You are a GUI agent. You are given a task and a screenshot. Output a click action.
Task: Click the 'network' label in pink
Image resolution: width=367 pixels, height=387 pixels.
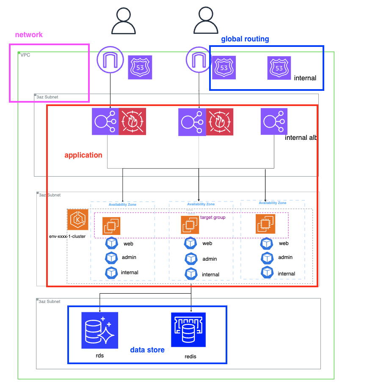(x=29, y=35)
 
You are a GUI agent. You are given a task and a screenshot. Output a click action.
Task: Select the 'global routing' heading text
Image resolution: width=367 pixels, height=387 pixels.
(x=245, y=39)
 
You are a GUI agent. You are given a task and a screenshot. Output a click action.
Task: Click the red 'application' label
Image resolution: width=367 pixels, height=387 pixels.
(x=83, y=155)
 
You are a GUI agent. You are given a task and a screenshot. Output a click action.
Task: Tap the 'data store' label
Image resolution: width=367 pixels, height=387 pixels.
(x=147, y=350)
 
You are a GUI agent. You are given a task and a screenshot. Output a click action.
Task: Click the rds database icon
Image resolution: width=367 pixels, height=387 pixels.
(x=99, y=330)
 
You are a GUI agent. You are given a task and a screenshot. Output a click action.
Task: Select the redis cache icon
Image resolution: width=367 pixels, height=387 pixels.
(x=188, y=330)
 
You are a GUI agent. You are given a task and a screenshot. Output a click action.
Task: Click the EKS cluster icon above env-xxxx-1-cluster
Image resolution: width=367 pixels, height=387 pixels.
(x=78, y=219)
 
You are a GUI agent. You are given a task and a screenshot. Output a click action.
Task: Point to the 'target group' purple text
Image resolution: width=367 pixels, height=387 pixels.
(x=212, y=217)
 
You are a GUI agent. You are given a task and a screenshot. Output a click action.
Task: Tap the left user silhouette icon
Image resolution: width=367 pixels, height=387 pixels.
(x=124, y=21)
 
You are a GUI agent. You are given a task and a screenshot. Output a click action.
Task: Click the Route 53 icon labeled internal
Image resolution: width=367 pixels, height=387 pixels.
(x=279, y=68)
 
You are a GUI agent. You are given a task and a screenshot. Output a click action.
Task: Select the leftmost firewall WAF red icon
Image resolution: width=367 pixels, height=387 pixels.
(x=132, y=121)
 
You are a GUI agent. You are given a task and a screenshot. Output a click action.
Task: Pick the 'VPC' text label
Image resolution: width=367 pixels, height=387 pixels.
(x=25, y=55)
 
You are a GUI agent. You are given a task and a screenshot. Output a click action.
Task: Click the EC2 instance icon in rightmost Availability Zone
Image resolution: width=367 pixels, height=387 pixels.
(x=265, y=223)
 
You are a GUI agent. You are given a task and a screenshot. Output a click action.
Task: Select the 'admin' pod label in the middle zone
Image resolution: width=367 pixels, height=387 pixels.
(x=210, y=259)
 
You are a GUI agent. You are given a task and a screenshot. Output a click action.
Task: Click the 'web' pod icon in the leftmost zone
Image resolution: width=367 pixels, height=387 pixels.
(x=111, y=243)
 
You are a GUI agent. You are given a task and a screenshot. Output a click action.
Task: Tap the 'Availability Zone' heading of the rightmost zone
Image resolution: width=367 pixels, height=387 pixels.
(x=273, y=203)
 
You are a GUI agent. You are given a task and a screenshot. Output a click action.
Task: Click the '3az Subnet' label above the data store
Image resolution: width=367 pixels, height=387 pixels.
(x=49, y=302)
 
